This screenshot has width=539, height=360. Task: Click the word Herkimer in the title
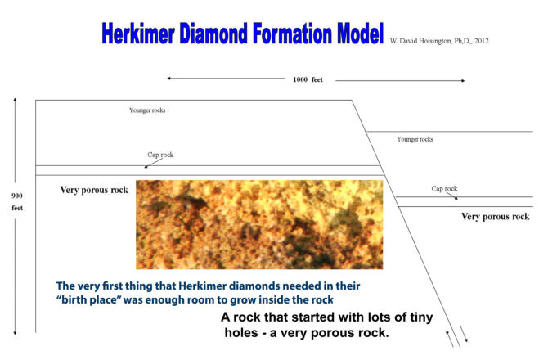[x=138, y=34]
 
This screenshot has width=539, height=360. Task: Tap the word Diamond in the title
[x=213, y=34]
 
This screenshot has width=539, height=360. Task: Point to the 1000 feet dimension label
[x=308, y=79]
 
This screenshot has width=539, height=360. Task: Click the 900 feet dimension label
[x=17, y=202]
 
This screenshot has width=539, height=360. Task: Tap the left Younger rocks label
[x=147, y=110]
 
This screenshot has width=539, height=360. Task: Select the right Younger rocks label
[x=415, y=139]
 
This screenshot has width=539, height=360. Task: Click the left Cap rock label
[x=160, y=155]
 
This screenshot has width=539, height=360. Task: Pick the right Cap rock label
[x=444, y=189]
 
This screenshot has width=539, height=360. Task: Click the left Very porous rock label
[x=94, y=190]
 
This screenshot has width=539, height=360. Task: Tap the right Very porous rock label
[x=496, y=216]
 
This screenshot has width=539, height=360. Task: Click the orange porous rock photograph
[x=259, y=224]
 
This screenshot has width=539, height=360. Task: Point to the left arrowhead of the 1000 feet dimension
[x=168, y=79]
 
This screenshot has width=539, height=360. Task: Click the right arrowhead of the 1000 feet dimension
[x=463, y=81]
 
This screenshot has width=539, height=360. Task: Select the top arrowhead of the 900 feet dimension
[x=15, y=100]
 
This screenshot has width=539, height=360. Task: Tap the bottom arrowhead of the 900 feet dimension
[x=15, y=333]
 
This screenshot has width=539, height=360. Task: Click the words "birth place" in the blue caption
[x=88, y=299]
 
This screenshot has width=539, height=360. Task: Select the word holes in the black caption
[x=241, y=333]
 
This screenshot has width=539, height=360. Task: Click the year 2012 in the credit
[x=481, y=41]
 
